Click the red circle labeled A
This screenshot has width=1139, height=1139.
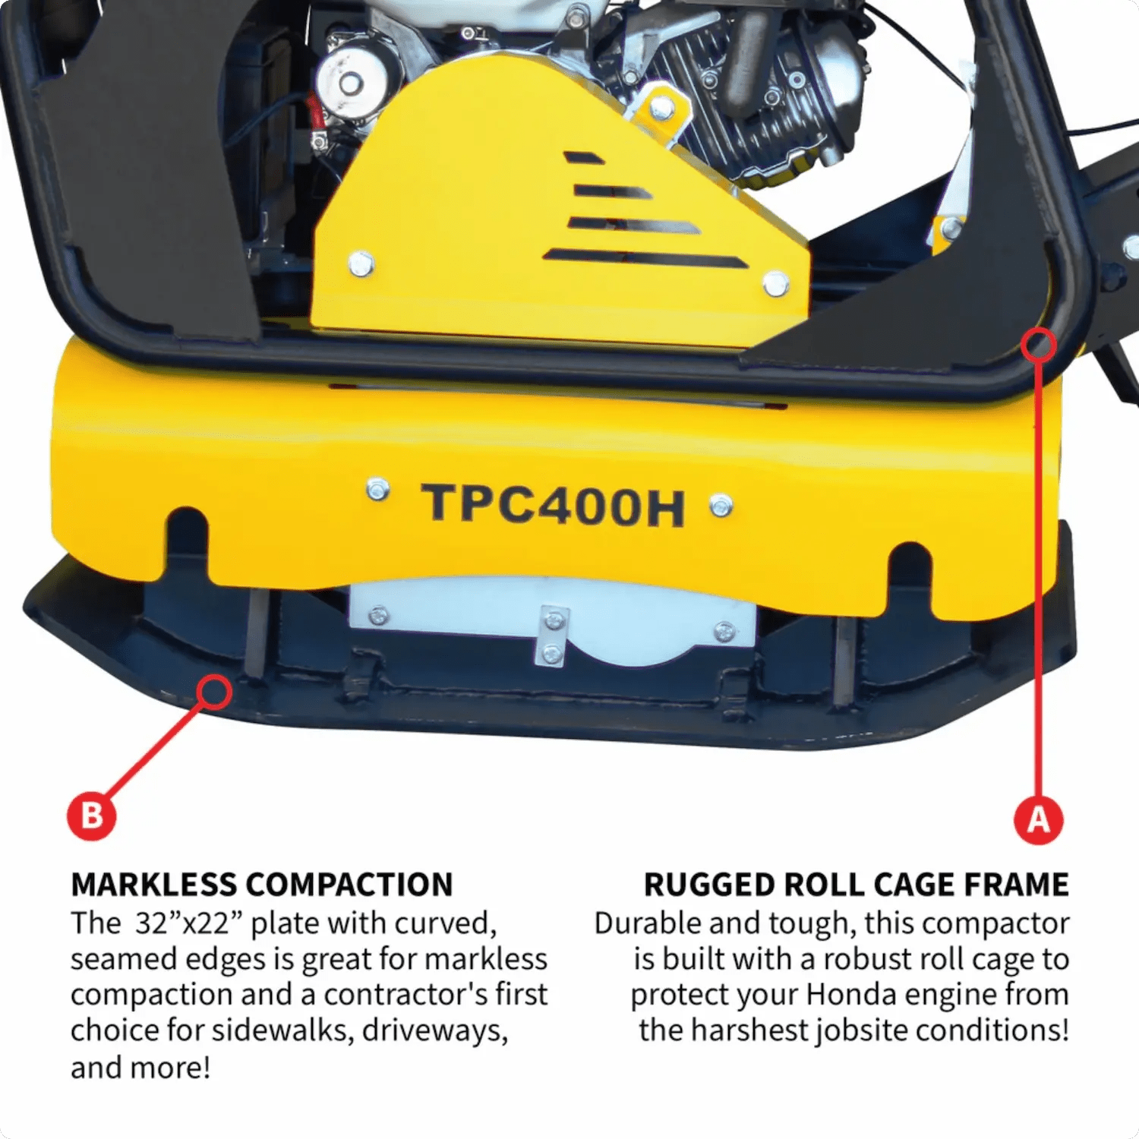coord(1038,819)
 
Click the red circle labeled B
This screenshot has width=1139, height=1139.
coord(91,816)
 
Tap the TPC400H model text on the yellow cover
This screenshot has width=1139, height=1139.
coord(554,504)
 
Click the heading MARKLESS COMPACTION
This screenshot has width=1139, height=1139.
coord(261,885)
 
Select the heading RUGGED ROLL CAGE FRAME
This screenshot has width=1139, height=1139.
coord(856,885)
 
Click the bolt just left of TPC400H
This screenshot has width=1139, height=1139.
coord(377,490)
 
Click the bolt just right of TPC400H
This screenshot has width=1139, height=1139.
coord(721,505)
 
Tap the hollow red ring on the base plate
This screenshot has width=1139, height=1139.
coord(214,691)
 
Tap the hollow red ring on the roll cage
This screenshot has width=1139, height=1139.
coord(1038,345)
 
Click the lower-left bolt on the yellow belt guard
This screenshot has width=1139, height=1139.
coord(361,264)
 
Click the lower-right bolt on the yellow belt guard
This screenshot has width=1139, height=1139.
coord(775,284)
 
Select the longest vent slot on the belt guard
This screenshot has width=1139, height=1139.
coord(645,259)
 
